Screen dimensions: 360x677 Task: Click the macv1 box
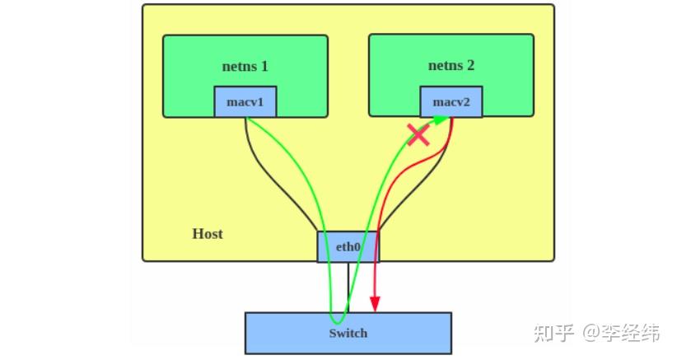pos(245,101)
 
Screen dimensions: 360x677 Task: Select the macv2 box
pos(451,101)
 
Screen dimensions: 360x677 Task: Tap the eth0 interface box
pos(348,246)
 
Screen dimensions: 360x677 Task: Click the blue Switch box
pos(348,333)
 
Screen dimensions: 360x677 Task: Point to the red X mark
pos(418,134)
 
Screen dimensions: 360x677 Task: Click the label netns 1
pos(245,66)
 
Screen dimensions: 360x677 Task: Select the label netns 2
pos(451,66)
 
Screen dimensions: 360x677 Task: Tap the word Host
pos(208,233)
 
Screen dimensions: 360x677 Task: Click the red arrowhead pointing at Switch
pos(376,305)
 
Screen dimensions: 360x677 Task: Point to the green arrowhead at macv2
pos(444,120)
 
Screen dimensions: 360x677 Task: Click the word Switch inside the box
pos(348,334)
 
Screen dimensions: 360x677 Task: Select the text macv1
pos(245,102)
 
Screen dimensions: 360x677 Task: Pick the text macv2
pos(451,102)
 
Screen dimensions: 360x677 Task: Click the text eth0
pos(348,246)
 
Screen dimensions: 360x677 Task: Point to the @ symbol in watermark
pos(593,333)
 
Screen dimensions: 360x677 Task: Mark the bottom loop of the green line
pos(336,321)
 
